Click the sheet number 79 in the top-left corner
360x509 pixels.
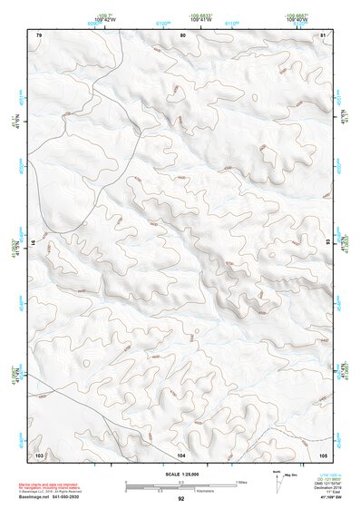coord(39,34)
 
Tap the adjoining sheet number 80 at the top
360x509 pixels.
coord(182,34)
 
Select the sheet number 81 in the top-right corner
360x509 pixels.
coord(325,34)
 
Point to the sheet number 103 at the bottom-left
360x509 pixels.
coord(39,453)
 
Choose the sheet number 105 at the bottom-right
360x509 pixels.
coord(324,453)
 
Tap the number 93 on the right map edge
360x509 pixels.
coord(328,243)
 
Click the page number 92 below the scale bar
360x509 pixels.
coord(181,498)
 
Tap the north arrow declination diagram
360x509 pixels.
coord(266,480)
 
